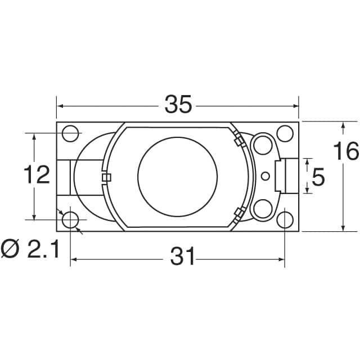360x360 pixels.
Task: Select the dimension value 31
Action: (x=183, y=258)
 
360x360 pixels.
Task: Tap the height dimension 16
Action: (x=345, y=152)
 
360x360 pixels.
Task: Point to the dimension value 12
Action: (x=37, y=175)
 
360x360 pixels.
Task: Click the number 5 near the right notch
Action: (x=318, y=178)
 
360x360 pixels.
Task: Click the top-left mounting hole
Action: (x=70, y=133)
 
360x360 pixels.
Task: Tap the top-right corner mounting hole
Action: (x=285, y=133)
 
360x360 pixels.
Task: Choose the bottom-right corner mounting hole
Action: (x=285, y=219)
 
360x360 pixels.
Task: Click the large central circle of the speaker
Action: (x=177, y=176)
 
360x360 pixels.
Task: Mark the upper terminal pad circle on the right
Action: (x=263, y=145)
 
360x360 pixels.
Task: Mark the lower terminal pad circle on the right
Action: (x=263, y=208)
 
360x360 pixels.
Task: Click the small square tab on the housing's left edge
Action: (x=106, y=178)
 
